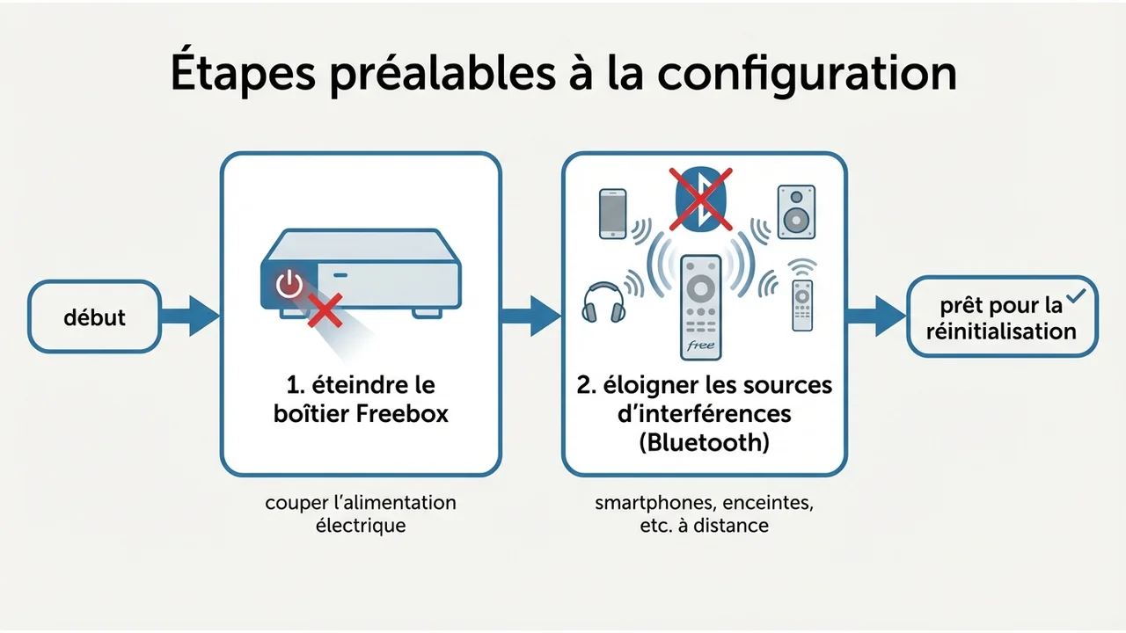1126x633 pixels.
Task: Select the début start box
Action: click(x=95, y=317)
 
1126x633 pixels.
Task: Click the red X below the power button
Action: click(x=323, y=309)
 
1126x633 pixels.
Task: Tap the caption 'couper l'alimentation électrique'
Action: click(x=361, y=514)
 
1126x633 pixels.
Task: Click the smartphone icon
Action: click(x=612, y=214)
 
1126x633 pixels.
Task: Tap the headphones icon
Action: click(x=603, y=301)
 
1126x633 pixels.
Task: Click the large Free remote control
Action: click(x=701, y=307)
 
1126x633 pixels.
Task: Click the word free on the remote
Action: click(x=699, y=346)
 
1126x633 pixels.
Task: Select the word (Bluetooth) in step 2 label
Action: click(x=704, y=441)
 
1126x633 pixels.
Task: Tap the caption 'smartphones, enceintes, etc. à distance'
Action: click(x=704, y=514)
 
